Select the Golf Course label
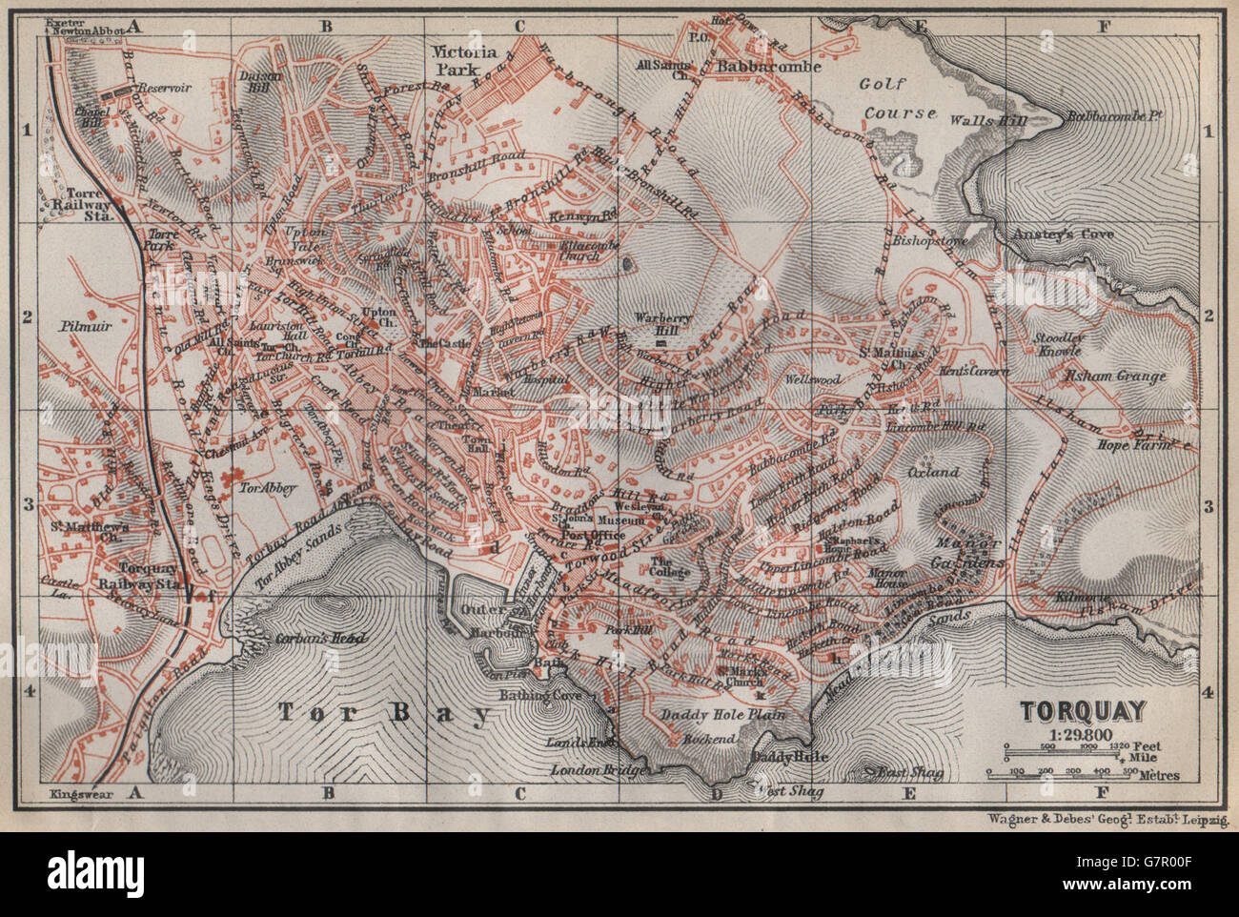click(901, 99)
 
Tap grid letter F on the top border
click(1103, 27)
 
